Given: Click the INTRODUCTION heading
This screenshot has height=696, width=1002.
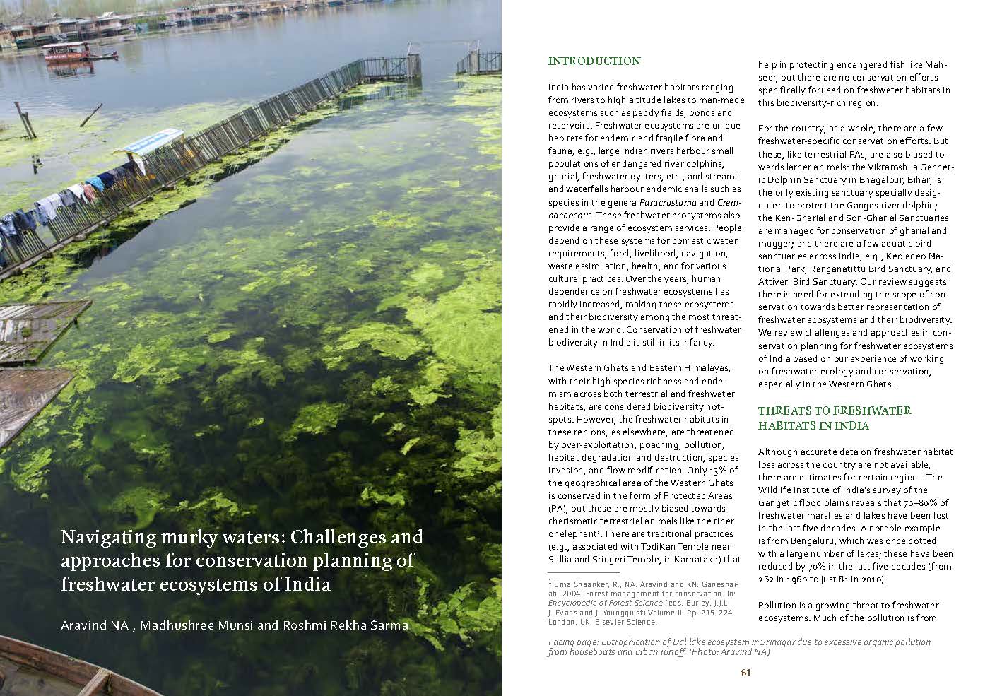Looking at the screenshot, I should [594, 61].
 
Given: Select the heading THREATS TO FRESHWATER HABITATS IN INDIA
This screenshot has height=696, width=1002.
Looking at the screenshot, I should [834, 418].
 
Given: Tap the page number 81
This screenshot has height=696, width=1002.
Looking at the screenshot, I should [745, 673].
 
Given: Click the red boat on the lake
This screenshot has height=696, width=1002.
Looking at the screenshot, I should [67, 52].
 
